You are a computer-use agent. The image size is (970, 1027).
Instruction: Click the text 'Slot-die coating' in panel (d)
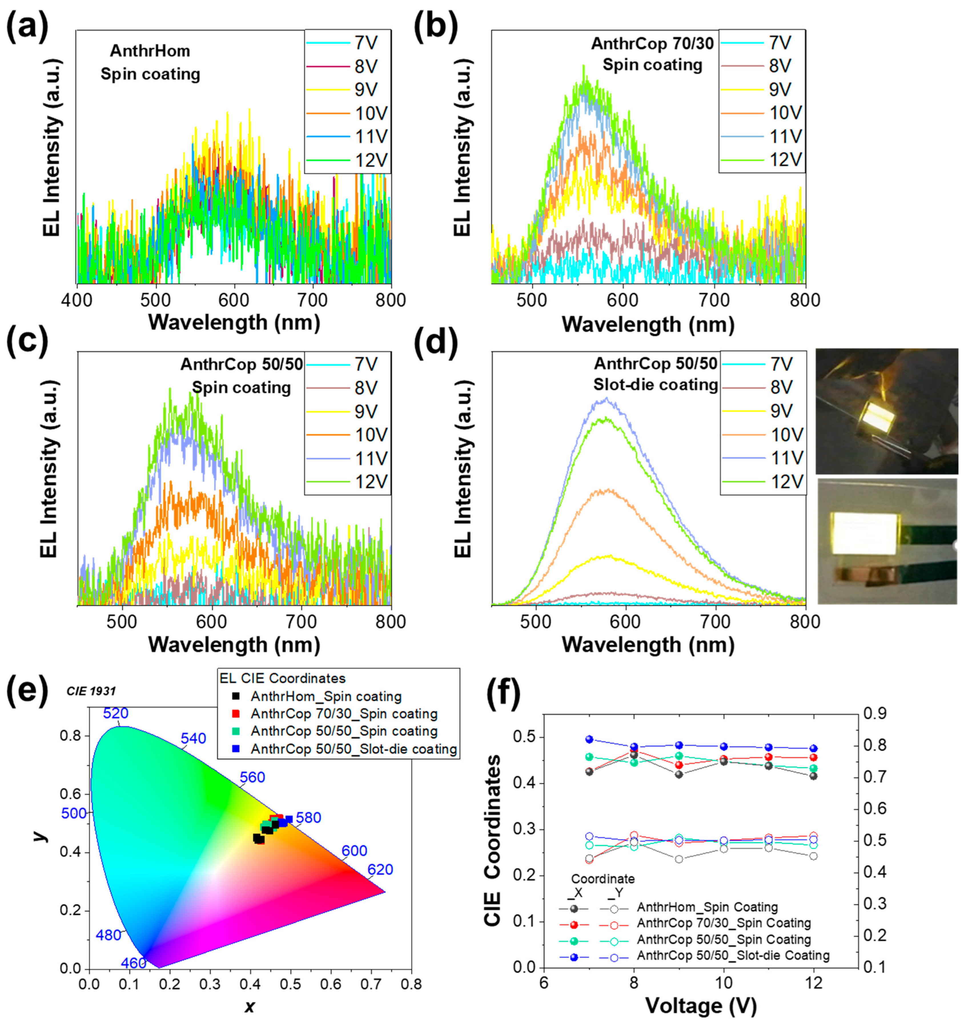pos(656,385)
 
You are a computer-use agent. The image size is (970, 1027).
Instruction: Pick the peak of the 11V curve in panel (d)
pos(606,398)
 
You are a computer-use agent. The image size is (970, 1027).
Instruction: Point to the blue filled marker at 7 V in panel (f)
pos(589,739)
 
